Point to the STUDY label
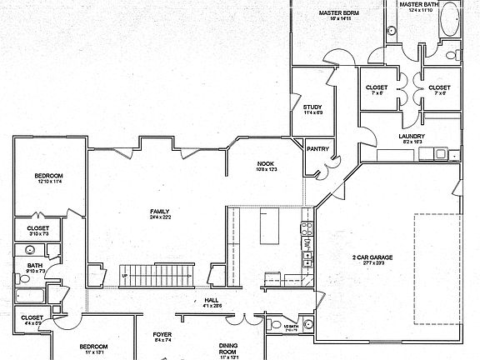312,107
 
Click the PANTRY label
317,149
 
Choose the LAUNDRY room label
412,137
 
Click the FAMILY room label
161,212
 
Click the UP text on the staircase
125,276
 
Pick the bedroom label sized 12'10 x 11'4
49,176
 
